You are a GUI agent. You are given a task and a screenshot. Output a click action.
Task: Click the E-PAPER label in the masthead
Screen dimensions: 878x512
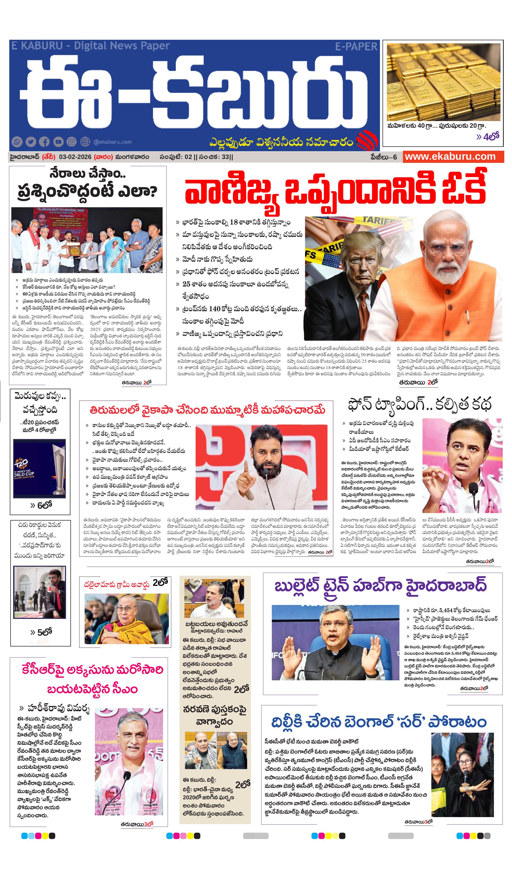(356, 47)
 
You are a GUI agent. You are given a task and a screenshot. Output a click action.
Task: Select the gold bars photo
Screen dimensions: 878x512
(443, 82)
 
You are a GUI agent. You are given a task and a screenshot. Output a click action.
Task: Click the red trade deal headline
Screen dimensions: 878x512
(335, 191)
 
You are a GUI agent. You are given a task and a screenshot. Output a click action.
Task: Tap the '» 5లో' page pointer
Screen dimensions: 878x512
(41, 632)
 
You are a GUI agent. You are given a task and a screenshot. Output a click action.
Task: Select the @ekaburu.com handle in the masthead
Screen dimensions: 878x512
(112, 142)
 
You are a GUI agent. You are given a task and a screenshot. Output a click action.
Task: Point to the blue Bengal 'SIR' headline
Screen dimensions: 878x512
(379, 722)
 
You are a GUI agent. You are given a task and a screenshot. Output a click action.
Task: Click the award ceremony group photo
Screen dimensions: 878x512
(87, 240)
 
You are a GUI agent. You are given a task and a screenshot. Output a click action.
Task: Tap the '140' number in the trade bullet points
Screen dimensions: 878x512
(215, 308)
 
